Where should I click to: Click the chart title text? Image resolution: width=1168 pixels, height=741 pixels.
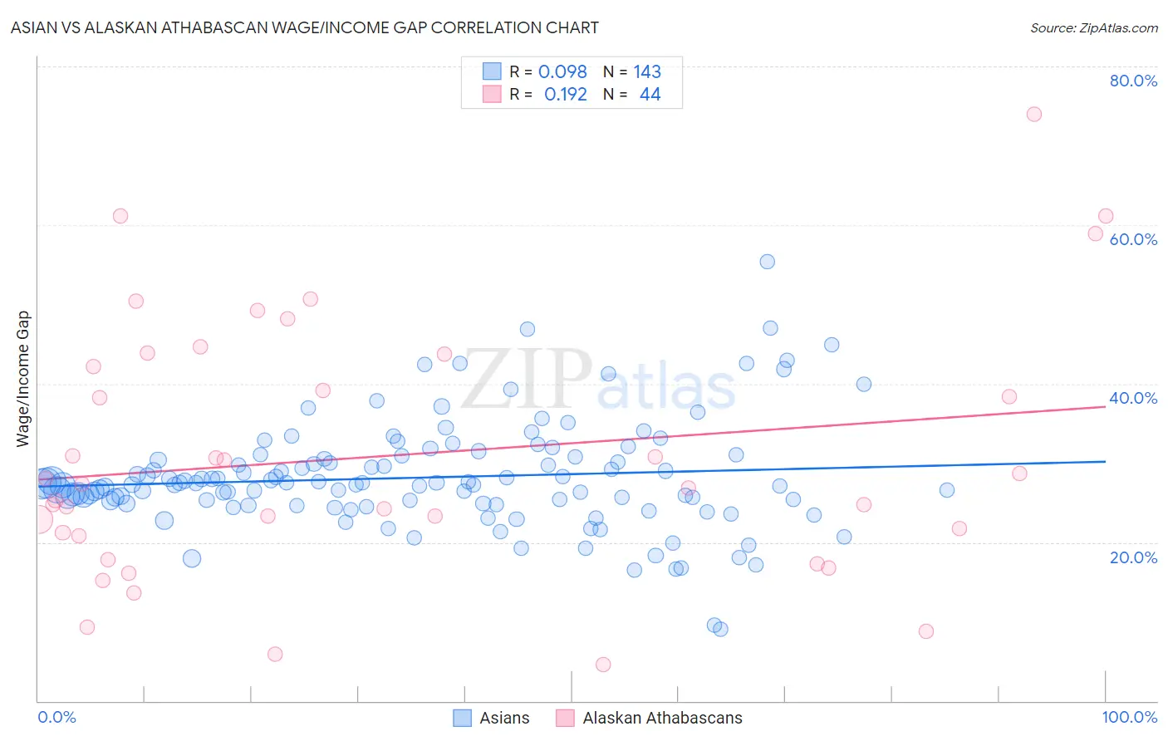coord(304,28)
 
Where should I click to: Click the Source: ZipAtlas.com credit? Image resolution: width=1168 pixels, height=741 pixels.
coord(1093,28)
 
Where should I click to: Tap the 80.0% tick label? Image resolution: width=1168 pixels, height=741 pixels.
coord(1133,81)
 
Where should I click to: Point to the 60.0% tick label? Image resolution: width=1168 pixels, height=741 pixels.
coord(1133,239)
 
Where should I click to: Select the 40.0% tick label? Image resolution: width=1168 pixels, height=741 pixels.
coord(1133,398)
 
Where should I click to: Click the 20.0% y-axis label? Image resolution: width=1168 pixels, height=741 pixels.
coord(1133,557)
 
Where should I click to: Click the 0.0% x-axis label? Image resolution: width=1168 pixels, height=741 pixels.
coord(57,717)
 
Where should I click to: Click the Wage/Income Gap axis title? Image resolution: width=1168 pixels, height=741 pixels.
coord(23,379)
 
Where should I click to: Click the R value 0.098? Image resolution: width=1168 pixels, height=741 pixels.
coord(562,72)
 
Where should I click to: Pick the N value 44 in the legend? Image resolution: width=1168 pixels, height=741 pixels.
coord(650,95)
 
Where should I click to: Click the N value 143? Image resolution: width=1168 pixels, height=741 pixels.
coord(647,72)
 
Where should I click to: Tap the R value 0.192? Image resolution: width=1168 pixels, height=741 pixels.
coord(565,95)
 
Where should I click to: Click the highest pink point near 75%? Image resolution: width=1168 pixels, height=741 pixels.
coord(1033,115)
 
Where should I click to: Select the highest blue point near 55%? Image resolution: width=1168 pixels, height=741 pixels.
coord(767,262)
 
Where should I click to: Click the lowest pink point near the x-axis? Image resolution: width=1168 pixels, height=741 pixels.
coord(603,665)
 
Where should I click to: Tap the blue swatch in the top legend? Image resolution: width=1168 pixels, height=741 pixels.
coord(492,72)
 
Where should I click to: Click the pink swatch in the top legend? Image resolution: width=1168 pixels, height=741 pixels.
coord(492,95)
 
